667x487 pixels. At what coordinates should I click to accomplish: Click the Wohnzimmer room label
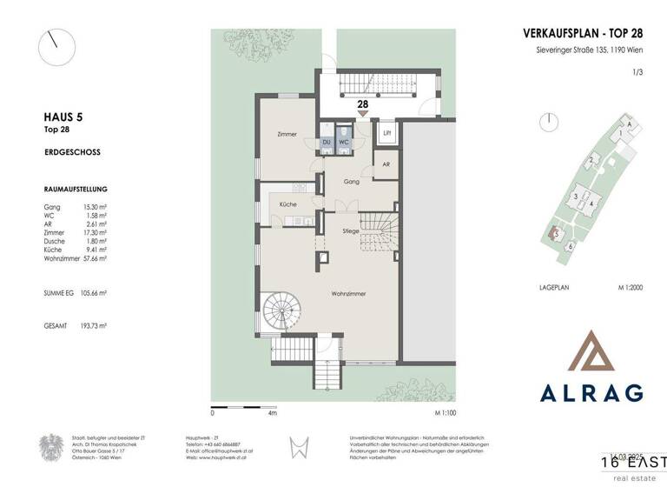(348, 294)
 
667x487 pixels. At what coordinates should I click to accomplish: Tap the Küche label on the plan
(287, 203)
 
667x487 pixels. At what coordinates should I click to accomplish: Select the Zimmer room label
(287, 135)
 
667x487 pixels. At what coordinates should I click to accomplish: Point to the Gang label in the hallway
(351, 182)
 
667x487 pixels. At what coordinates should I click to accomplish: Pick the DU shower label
(327, 141)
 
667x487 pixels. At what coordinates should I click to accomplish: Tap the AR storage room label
(386, 163)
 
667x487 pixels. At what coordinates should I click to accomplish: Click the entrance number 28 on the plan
(361, 103)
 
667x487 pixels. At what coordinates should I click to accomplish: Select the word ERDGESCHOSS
(71, 151)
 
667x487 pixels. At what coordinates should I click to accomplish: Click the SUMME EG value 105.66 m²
(94, 292)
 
